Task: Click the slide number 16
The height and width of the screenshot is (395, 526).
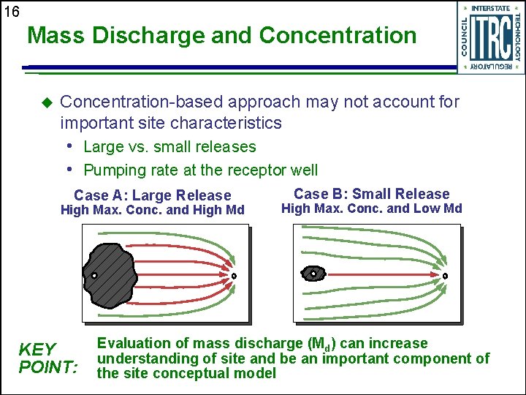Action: (11, 12)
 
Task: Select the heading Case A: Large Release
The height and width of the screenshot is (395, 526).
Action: (153, 195)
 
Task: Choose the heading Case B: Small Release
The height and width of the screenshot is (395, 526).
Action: (371, 194)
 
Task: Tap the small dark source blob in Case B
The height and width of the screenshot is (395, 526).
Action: (313, 274)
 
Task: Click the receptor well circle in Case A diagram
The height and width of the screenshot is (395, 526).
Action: (235, 276)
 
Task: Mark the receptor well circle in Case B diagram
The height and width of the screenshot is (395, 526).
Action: (445, 276)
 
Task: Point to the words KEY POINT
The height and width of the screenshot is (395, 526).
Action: (47, 357)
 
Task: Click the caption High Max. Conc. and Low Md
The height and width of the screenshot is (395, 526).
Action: (371, 208)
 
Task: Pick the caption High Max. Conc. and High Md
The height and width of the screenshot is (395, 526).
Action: (152, 211)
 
